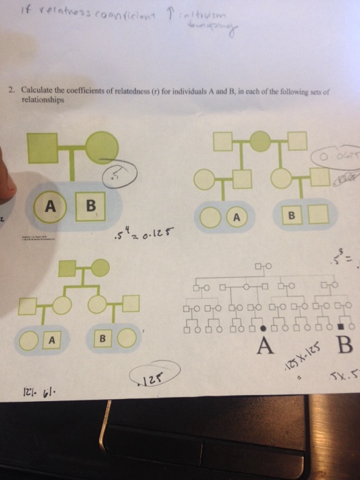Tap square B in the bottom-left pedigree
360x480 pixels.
103,338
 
